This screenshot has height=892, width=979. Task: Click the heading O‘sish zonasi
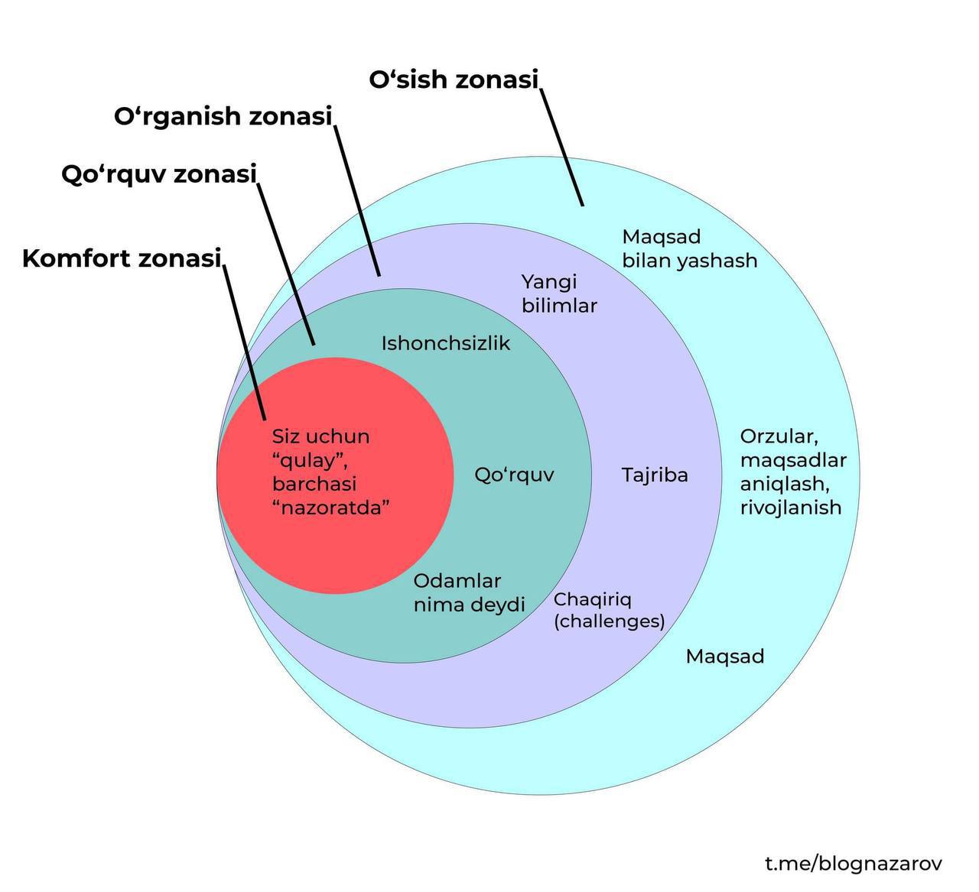tap(454, 79)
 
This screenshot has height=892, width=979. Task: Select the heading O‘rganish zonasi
tap(223, 117)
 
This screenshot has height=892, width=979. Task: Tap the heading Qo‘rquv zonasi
tap(158, 174)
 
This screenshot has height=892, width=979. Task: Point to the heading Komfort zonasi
tap(122, 258)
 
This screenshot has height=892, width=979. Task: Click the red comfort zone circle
tap(337, 535)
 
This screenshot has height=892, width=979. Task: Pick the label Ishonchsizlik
tap(445, 343)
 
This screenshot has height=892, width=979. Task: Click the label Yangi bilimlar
tap(558, 294)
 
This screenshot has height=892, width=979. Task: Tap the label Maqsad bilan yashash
tap(689, 249)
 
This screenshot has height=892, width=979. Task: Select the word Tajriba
tap(655, 475)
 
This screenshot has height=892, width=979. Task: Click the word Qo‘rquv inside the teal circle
tap(514, 475)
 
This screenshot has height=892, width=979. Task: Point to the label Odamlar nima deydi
tap(469, 593)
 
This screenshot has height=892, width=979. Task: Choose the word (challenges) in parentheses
tap(609, 621)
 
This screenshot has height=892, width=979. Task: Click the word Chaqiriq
tap(592, 600)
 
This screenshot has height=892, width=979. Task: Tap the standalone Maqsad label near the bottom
tap(724, 657)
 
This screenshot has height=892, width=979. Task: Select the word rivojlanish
tap(790, 508)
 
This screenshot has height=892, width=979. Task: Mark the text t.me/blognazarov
tap(854, 864)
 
